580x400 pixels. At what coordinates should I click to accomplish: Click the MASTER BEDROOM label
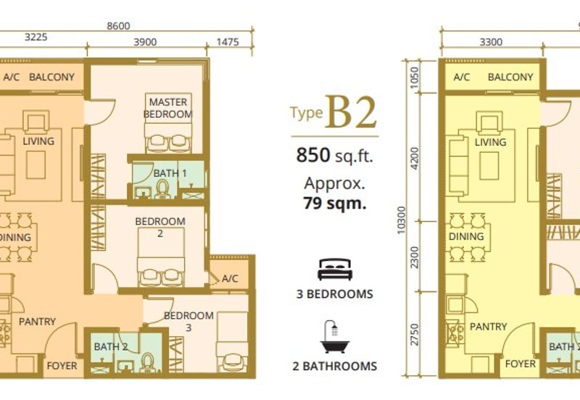[167, 108]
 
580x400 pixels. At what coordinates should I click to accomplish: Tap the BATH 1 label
[170, 173]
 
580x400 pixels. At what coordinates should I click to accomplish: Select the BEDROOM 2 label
[160, 227]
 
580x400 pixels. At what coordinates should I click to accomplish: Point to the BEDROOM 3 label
[188, 321]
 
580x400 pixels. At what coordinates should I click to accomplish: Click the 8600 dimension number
[118, 26]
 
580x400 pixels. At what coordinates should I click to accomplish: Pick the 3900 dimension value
[145, 42]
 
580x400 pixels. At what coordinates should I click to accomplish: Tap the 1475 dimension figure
[228, 42]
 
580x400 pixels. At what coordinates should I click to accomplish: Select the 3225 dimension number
[36, 37]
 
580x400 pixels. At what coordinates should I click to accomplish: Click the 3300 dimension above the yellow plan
[491, 42]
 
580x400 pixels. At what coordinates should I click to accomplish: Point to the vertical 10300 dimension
[402, 220]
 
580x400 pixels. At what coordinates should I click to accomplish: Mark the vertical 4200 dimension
[415, 159]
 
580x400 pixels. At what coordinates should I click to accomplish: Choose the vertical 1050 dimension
[415, 78]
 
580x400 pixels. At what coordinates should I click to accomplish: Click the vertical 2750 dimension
[415, 335]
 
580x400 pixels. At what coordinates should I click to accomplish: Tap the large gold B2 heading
[351, 112]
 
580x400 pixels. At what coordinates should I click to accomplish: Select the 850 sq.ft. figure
[334, 155]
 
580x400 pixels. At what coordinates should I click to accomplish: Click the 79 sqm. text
[335, 204]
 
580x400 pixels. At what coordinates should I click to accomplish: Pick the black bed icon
[335, 269]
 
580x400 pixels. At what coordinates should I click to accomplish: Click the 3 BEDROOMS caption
[335, 294]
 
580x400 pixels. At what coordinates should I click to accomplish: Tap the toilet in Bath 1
[162, 188]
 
